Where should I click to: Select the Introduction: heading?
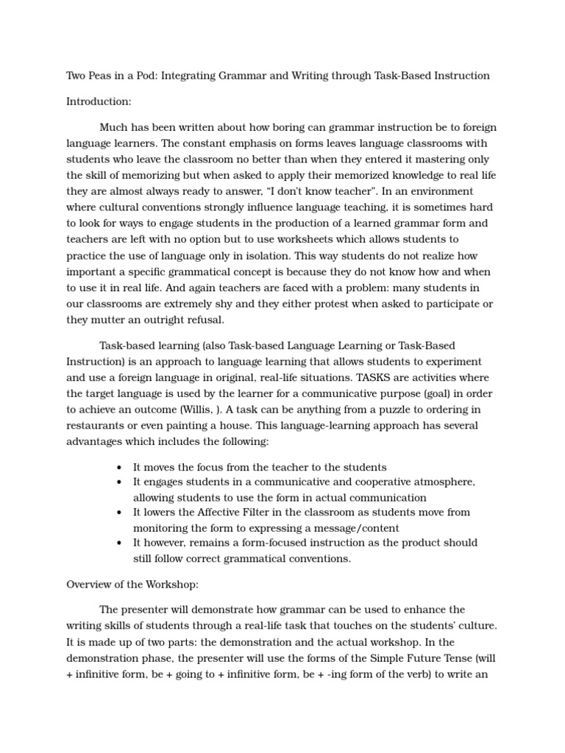(x=99, y=101)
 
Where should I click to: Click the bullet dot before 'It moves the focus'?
(x=119, y=468)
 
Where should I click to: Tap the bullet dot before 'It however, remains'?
(x=119, y=543)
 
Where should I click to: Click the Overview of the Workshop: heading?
(x=132, y=585)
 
